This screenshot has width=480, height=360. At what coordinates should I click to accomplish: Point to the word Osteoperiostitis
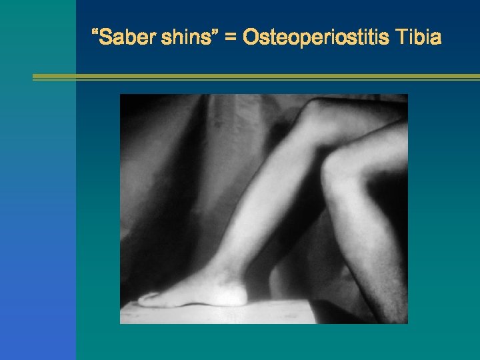(x=316, y=37)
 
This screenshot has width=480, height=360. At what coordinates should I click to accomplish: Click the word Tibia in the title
(x=419, y=37)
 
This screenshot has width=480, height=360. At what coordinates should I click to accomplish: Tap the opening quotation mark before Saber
(x=96, y=33)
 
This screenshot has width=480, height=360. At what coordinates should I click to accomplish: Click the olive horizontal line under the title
(x=256, y=77)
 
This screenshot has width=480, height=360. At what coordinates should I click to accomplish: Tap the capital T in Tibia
(x=403, y=37)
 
